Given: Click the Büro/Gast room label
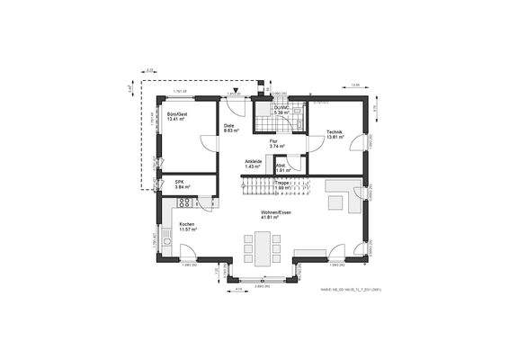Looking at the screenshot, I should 176,114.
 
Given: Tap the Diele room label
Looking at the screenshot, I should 229,125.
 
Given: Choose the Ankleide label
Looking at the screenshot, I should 253,162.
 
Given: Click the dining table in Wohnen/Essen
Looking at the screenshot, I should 263,244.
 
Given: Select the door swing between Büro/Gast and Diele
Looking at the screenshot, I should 208,142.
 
